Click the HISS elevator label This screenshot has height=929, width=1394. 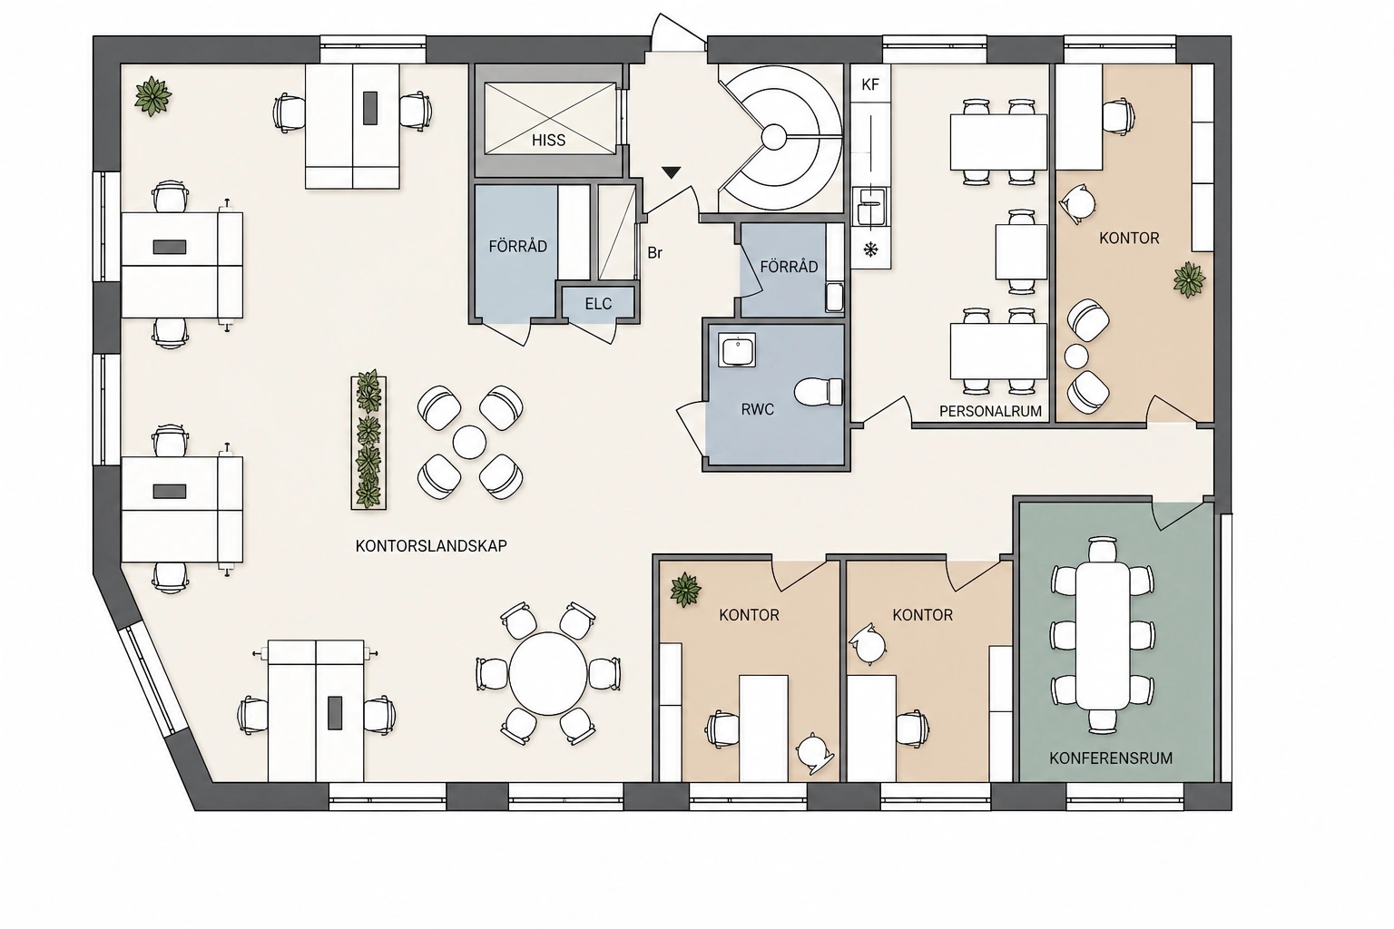click(x=548, y=140)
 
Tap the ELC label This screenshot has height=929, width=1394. click(x=598, y=304)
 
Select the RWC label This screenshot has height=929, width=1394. click(x=758, y=409)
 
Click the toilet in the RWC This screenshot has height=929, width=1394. click(x=819, y=391)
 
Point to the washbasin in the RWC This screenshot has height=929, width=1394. click(x=737, y=349)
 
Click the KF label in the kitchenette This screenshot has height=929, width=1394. click(x=870, y=84)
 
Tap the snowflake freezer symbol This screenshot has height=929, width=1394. click(x=870, y=250)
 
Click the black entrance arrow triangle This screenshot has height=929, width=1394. click(x=671, y=172)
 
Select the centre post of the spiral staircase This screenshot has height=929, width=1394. click(x=774, y=137)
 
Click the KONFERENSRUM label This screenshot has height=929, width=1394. click(x=1111, y=758)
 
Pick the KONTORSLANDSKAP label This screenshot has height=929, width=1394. click(x=431, y=546)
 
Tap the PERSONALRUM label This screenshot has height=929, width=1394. click(x=990, y=411)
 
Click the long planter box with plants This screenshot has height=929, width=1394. click(x=368, y=443)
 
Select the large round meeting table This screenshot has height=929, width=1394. click(x=548, y=674)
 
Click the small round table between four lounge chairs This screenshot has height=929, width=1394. click(x=469, y=443)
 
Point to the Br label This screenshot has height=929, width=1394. click(x=654, y=252)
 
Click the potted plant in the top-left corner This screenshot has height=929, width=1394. click(x=152, y=96)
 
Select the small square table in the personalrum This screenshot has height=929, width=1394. click(x=1021, y=251)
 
